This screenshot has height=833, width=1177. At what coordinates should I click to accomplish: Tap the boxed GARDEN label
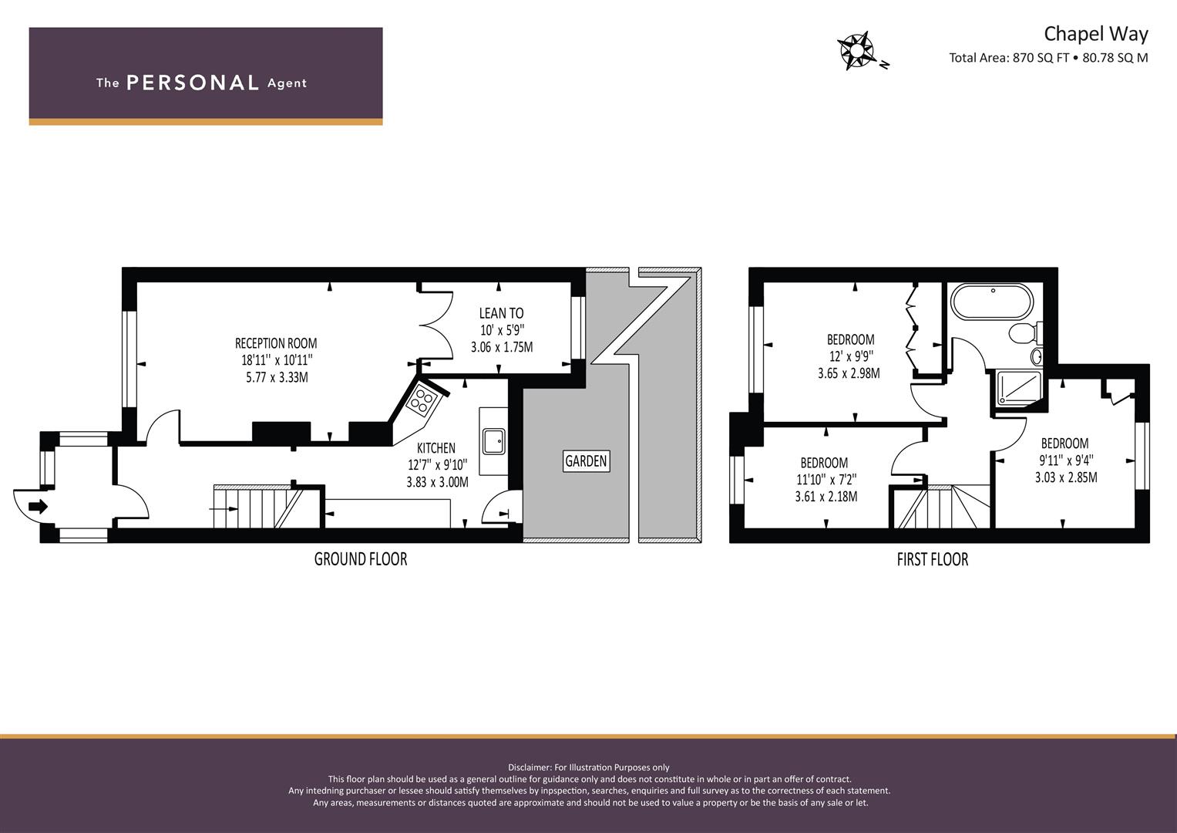[586, 461]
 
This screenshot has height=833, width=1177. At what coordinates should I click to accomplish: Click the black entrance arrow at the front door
[38, 507]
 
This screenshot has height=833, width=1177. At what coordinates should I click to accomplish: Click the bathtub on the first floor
[992, 301]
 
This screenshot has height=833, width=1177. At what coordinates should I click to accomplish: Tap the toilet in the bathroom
[1025, 333]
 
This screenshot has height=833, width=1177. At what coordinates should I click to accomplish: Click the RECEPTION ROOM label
[276, 343]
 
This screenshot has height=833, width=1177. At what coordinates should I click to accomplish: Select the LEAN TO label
[501, 313]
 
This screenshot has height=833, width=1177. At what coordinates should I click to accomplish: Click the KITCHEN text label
[436, 448]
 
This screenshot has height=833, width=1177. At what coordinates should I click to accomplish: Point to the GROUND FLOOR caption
[361, 559]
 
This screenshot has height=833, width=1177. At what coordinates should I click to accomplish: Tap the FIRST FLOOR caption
[933, 559]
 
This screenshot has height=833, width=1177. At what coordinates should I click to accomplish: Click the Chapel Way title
[1096, 34]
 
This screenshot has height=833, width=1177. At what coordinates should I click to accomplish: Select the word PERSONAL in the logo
[193, 83]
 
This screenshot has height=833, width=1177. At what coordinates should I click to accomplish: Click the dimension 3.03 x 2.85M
[1066, 477]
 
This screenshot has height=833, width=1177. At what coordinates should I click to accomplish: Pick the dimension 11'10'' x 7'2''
[826, 480]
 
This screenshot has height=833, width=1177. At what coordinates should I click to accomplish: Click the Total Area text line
[1048, 58]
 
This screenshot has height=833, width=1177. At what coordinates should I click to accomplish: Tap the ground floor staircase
[257, 507]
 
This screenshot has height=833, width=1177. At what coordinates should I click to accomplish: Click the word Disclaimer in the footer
[530, 767]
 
